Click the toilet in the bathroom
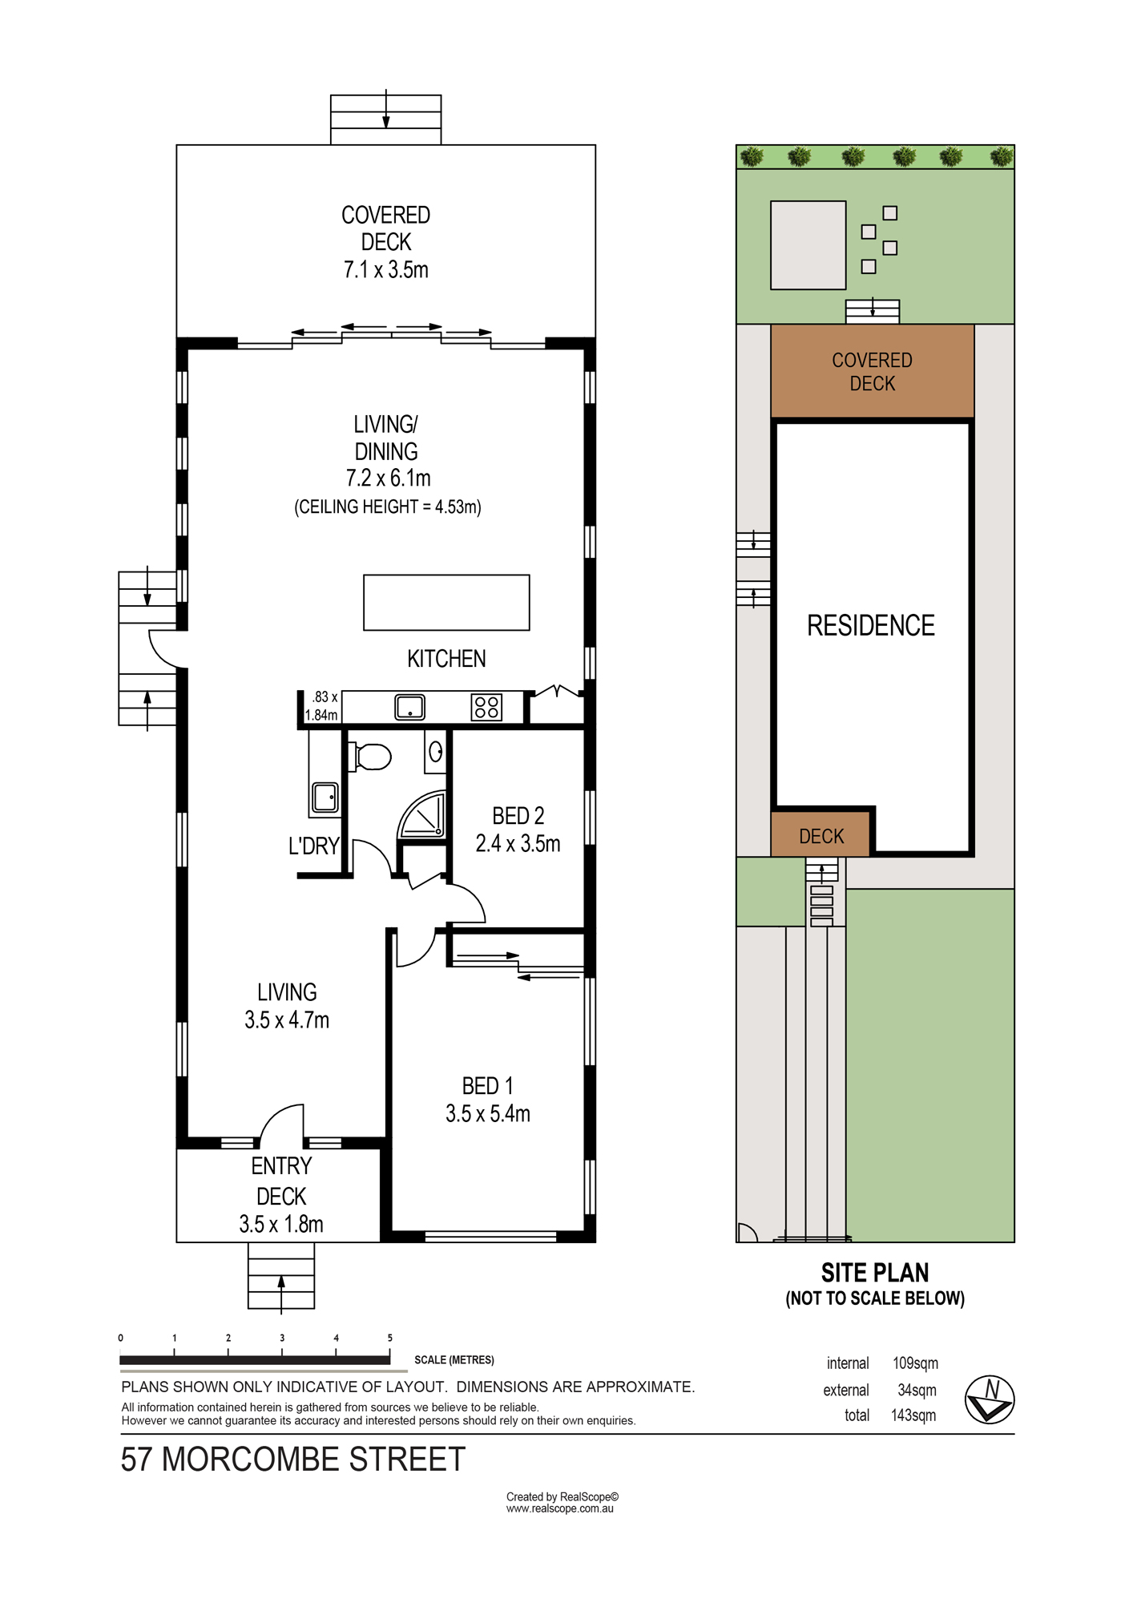coord(369,756)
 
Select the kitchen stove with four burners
coord(486,707)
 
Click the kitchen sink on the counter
coord(410,707)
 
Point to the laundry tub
coord(325,797)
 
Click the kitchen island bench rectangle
coord(446,603)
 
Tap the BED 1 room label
coord(487,1086)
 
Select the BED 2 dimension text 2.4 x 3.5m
coord(518,844)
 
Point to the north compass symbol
coord(990,1399)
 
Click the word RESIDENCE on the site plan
coord(871,626)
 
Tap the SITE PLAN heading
coord(875,1273)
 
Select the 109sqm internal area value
coord(915,1363)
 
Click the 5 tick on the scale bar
coord(390,1354)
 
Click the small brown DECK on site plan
coord(821,834)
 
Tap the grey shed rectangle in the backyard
coord(808,245)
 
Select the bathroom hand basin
coord(435,752)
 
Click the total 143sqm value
coord(913,1415)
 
